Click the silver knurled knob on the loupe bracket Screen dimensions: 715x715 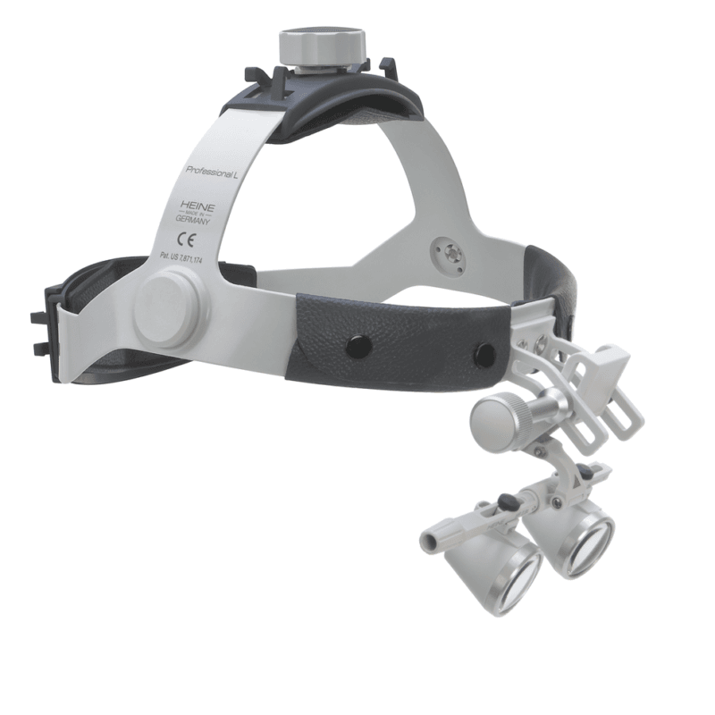coord(494,414)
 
